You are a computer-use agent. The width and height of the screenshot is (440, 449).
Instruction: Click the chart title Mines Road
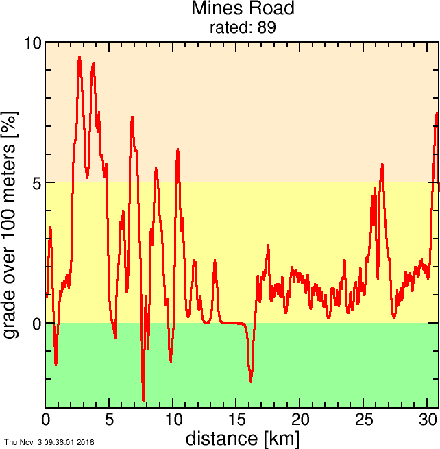[243, 9]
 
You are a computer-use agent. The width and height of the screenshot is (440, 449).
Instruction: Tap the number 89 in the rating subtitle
[267, 27]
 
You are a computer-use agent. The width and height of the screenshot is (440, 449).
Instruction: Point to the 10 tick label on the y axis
[33, 43]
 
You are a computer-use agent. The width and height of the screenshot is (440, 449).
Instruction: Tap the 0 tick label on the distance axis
[46, 419]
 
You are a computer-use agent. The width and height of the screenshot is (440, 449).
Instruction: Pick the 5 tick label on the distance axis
[110, 419]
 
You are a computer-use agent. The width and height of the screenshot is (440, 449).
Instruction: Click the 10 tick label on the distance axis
[173, 419]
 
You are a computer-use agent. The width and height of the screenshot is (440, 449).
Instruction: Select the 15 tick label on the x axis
[237, 419]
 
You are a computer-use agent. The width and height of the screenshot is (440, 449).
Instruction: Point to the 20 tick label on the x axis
[301, 419]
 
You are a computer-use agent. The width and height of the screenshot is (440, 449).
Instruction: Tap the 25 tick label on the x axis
[365, 419]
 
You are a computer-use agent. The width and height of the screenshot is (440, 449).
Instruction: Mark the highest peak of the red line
[80, 58]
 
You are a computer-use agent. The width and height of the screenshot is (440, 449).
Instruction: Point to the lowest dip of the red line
[143, 400]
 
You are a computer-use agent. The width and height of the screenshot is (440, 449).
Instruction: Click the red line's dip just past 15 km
[251, 381]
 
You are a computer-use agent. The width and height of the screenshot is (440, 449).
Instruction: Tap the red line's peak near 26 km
[382, 165]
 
